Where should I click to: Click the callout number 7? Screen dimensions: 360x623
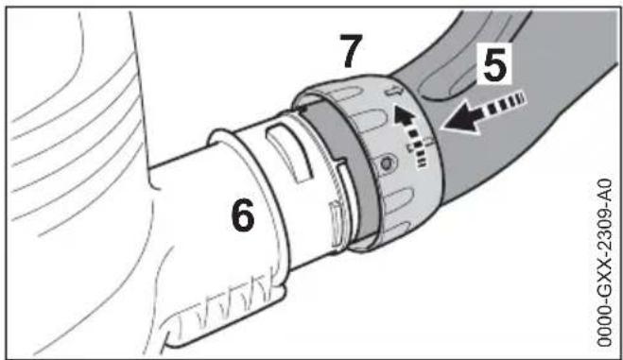[352, 53]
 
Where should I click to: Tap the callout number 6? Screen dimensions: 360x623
[243, 217]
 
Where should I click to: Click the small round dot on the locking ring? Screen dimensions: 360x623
[386, 166]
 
